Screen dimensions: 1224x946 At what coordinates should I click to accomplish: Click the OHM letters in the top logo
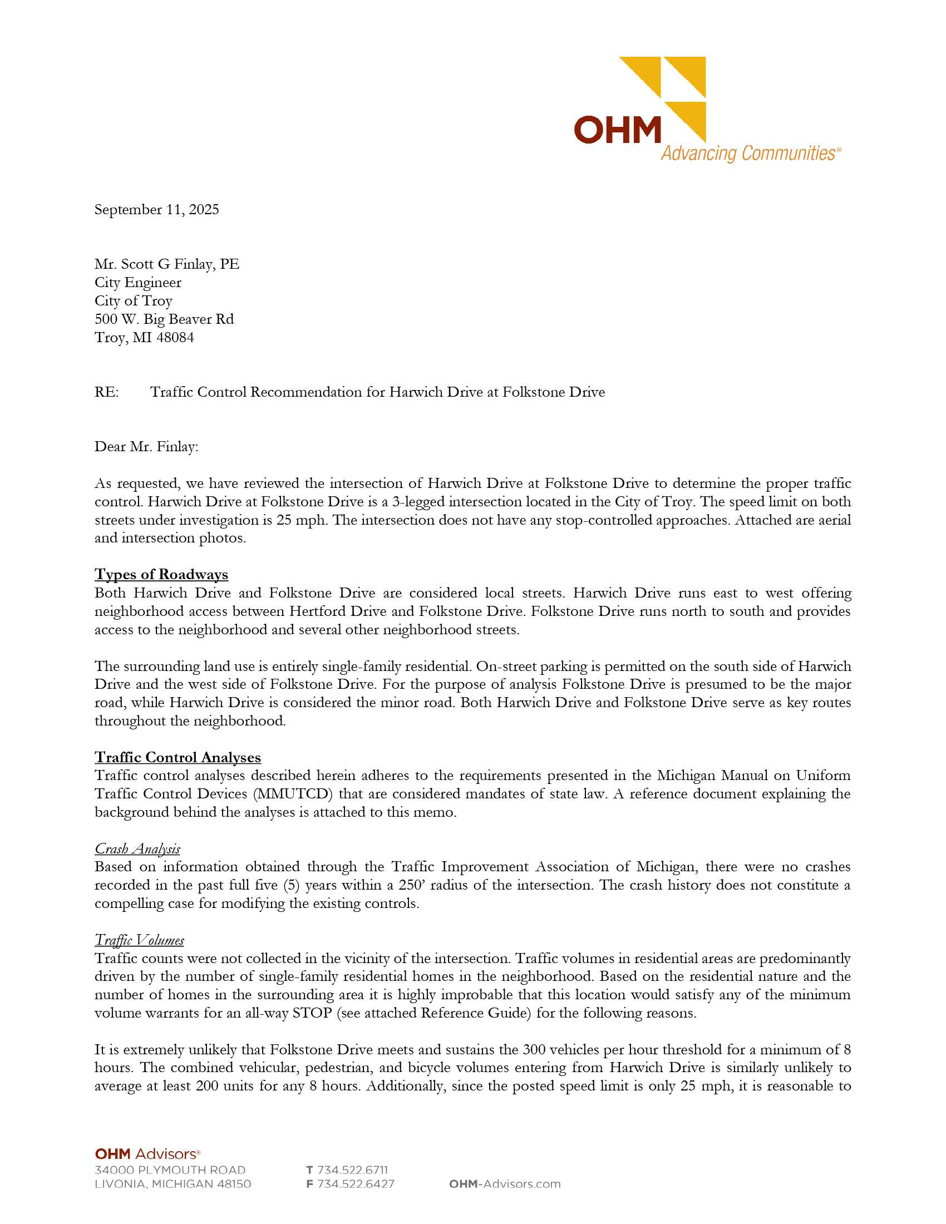click(618, 130)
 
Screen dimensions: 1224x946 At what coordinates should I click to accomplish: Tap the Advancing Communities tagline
click(750, 153)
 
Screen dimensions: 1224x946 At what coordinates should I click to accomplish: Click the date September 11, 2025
click(156, 210)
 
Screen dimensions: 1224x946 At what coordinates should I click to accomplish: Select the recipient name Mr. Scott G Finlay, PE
click(166, 264)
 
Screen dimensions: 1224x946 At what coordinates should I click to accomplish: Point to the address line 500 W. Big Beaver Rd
click(164, 319)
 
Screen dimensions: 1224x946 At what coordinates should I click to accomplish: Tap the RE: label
click(106, 392)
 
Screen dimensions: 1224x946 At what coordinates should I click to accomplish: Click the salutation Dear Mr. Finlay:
click(146, 447)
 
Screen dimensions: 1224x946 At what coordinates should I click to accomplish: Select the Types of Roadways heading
click(161, 575)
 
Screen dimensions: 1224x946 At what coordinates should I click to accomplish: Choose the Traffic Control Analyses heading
click(178, 757)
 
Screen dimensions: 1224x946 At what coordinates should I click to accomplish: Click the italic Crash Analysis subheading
click(137, 848)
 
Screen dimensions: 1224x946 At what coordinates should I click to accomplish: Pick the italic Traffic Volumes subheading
click(139, 940)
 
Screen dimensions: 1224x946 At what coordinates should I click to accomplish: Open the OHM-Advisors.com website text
click(504, 1183)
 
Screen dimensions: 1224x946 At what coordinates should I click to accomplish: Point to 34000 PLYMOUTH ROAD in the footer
click(170, 1169)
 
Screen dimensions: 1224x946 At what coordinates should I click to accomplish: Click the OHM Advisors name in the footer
click(147, 1154)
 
